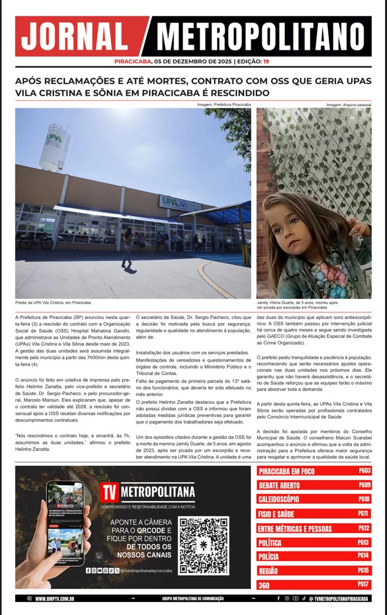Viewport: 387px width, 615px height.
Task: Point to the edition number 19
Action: (266, 61)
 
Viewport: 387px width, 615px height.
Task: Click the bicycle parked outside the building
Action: (36, 240)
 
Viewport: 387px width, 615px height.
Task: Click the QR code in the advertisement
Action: (203, 545)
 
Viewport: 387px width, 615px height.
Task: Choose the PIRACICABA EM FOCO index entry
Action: (287, 471)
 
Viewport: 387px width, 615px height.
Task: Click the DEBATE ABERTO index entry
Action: (279, 485)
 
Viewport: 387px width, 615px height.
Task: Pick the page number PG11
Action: (364, 514)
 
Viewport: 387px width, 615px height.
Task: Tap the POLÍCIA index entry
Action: (268, 557)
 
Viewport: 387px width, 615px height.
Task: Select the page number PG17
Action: (363, 584)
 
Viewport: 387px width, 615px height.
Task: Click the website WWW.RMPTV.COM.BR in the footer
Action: (54, 599)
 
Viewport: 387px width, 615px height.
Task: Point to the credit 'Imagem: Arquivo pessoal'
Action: (349, 105)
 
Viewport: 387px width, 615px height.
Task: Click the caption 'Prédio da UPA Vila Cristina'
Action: (53, 303)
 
